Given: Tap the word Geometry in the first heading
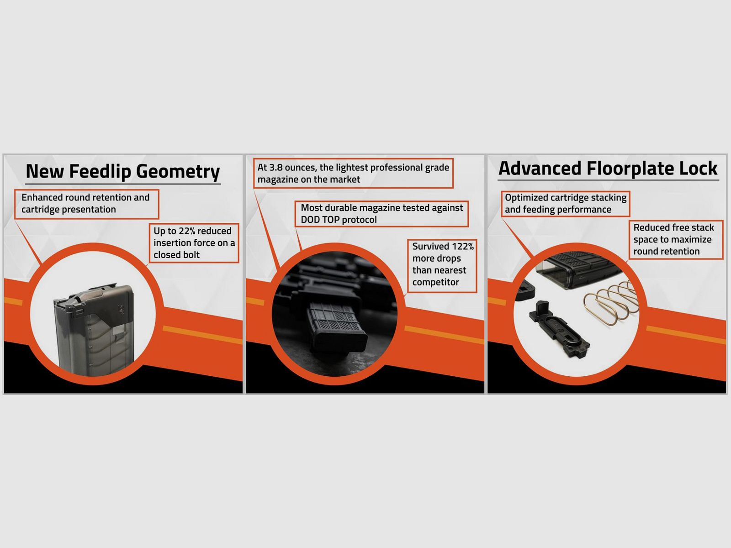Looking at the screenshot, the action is pyautogui.click(x=178, y=172).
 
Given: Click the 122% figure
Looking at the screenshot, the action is pyautogui.click(x=462, y=247).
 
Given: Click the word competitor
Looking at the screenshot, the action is pyautogui.click(x=435, y=283).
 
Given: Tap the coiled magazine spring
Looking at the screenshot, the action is pyautogui.click(x=611, y=302).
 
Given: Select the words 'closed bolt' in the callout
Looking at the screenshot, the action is pyautogui.click(x=176, y=255).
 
